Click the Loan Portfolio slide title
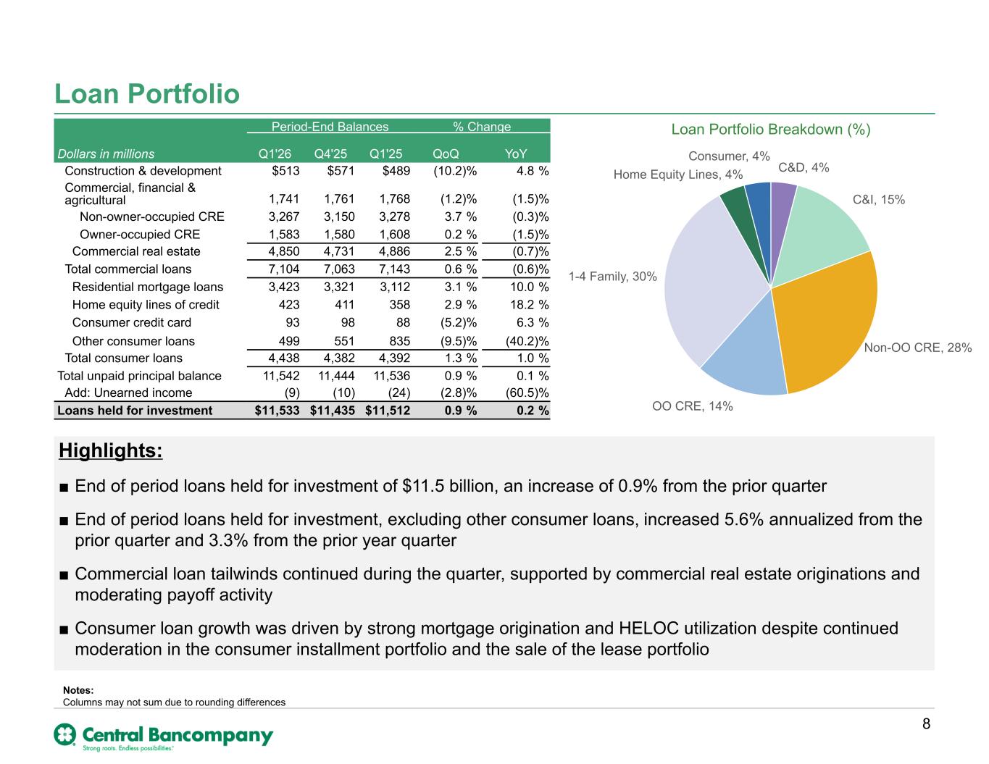pyautogui.click(x=146, y=93)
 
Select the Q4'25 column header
pyautogui.click(x=330, y=154)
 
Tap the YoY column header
pyautogui.click(x=516, y=154)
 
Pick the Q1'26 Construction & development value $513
pyautogui.click(x=285, y=170)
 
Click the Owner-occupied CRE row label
pyautogui.click(x=140, y=234)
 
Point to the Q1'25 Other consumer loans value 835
pyautogui.click(x=400, y=341)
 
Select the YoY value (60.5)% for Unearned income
pyautogui.click(x=527, y=393)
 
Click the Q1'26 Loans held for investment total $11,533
pyautogui.click(x=277, y=410)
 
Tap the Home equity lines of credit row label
pyautogui.click(x=146, y=305)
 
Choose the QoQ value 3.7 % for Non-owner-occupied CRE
pyautogui.click(x=461, y=217)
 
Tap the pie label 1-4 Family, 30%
pyautogui.click(x=613, y=277)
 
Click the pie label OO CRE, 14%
pyautogui.click(x=692, y=406)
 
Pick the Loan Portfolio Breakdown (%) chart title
pyautogui.click(x=770, y=130)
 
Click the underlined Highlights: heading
pyautogui.click(x=111, y=450)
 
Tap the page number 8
pyautogui.click(x=926, y=723)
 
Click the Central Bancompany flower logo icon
pyautogui.click(x=65, y=734)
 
